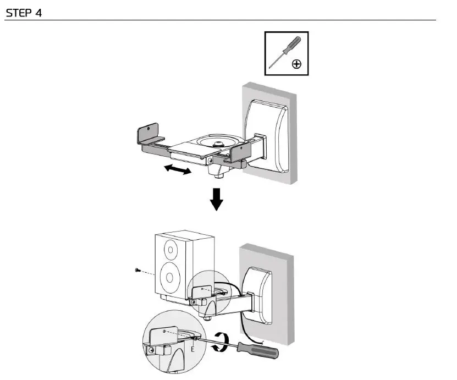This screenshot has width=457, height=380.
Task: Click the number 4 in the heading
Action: pyautogui.click(x=38, y=13)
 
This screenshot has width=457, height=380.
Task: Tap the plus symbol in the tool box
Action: pyautogui.click(x=296, y=64)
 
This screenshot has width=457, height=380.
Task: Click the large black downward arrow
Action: pyautogui.click(x=217, y=200)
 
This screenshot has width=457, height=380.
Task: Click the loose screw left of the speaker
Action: pyautogui.click(x=137, y=271)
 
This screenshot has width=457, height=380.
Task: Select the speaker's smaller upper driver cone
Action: pyautogui.click(x=171, y=251)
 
